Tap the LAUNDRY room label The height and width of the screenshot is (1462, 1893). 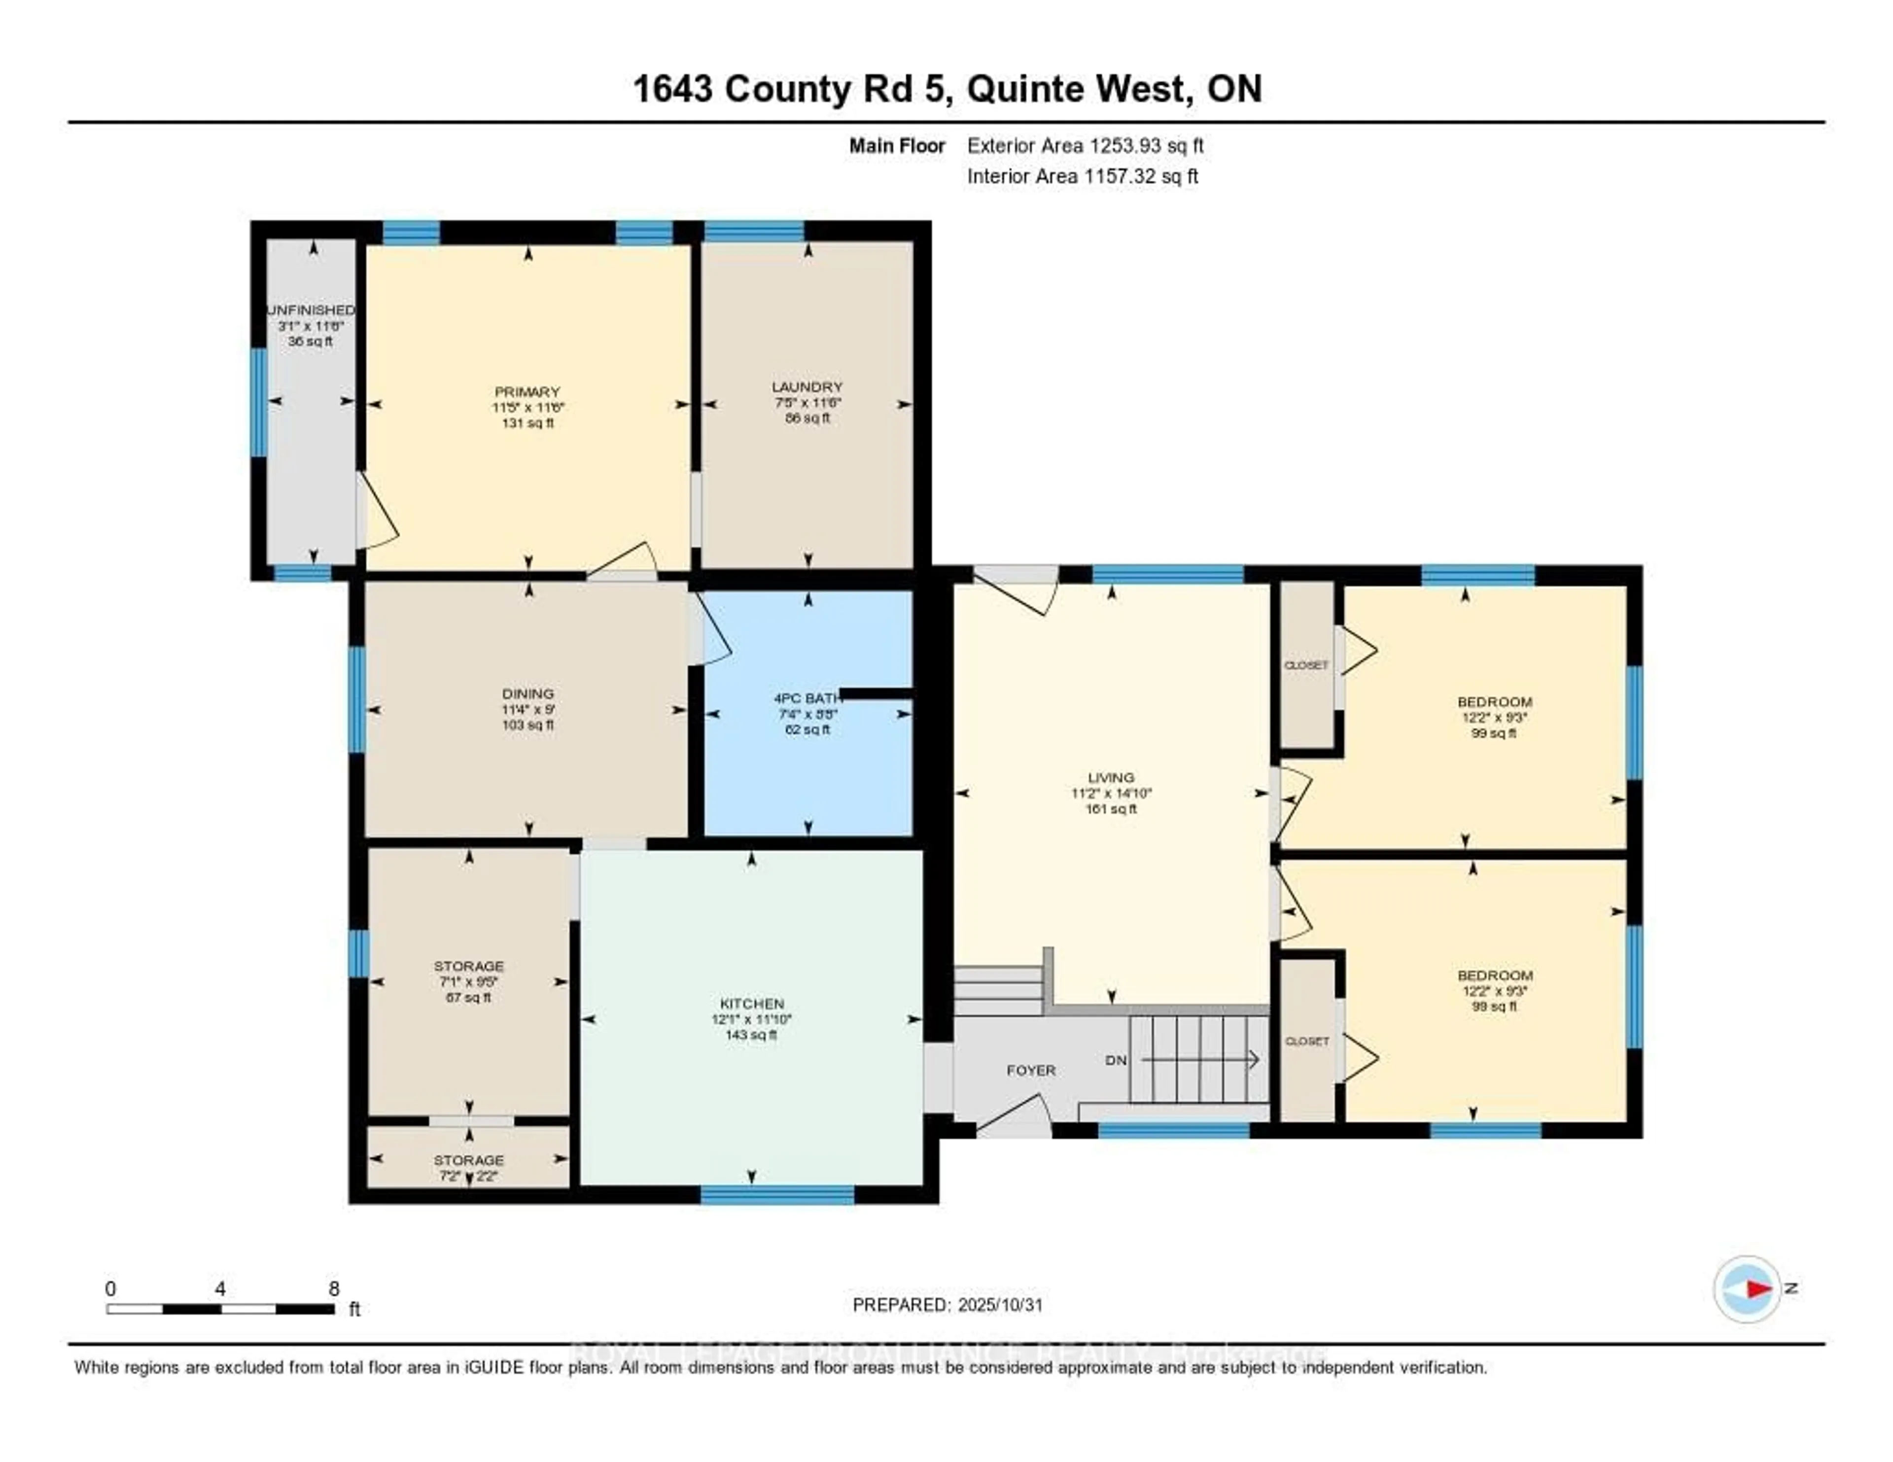click(807, 386)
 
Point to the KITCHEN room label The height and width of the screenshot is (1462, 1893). click(751, 1004)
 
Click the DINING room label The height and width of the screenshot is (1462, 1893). click(528, 694)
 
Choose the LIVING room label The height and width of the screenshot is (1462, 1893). click(1110, 777)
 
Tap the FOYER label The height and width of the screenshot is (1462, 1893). click(1031, 1070)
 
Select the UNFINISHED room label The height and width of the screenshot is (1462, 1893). click(310, 310)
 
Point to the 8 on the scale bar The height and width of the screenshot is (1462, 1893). click(334, 1288)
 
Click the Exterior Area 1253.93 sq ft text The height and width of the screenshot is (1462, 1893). click(1085, 145)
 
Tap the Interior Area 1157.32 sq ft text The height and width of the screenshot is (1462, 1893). click(1083, 176)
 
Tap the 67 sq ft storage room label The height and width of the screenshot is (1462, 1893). click(469, 998)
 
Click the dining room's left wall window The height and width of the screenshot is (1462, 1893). click(356, 699)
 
